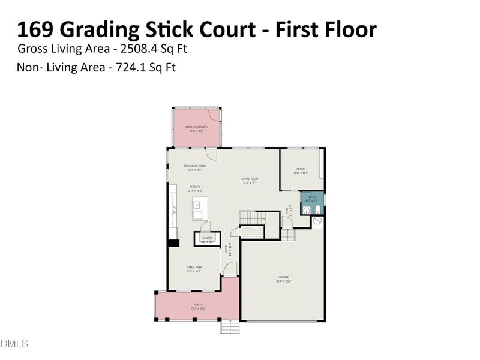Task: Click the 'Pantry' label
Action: click(208, 238)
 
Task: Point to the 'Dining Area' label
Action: click(194, 268)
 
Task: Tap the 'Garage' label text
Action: click(283, 277)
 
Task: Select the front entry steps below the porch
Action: click(230, 327)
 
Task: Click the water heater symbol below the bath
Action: click(317, 221)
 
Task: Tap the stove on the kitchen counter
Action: click(175, 211)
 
